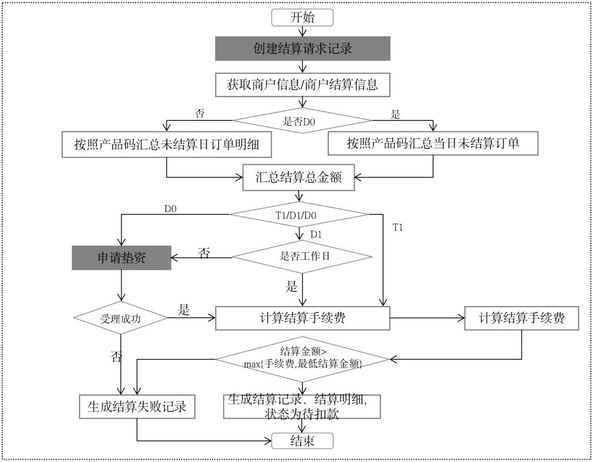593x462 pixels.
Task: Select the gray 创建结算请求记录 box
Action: pos(302,48)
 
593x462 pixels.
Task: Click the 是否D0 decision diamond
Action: pos(302,121)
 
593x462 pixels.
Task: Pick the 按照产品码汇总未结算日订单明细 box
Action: pos(166,144)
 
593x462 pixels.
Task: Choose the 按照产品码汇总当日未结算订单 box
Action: pos(433,144)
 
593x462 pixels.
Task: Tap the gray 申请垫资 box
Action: pos(121,258)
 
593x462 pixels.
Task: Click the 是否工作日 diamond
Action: pos(302,256)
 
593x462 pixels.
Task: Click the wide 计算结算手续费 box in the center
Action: pos(302,318)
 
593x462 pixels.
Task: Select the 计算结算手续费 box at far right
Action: pos(521,318)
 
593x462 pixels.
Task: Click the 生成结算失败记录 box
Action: pos(137,407)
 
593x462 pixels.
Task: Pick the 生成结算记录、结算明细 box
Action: pos(302,407)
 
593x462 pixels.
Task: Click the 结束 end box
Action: pos(302,440)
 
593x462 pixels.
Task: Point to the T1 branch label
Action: pos(398,227)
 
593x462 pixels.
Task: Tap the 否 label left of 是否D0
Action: pos(199,114)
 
